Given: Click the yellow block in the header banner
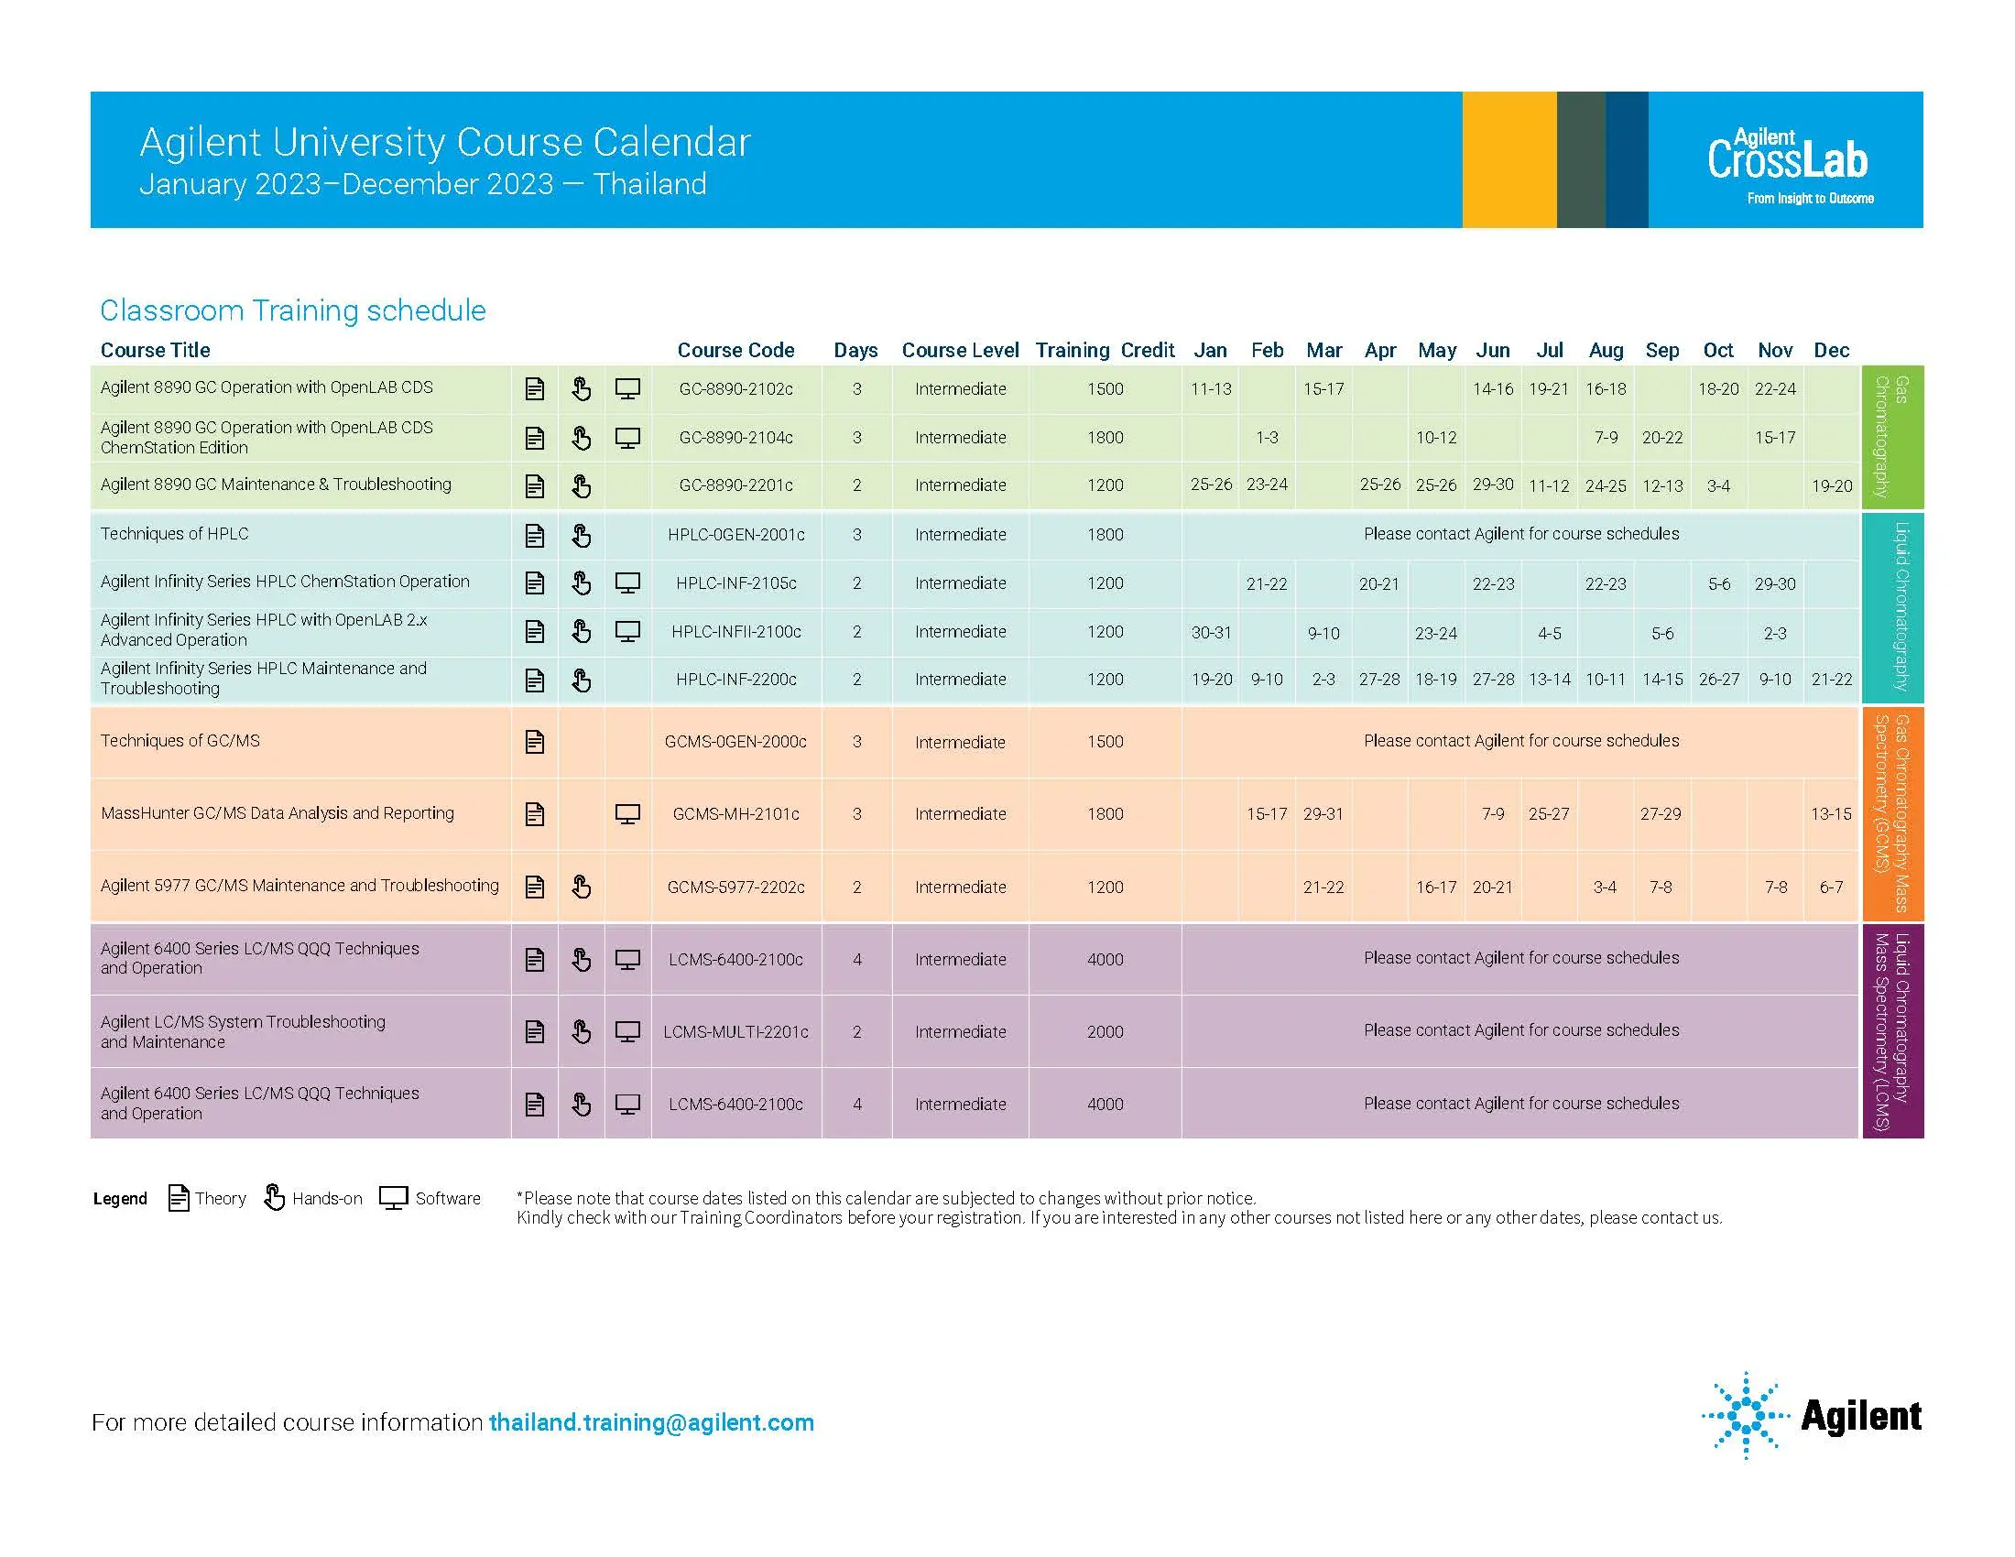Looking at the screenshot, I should (x=1509, y=158).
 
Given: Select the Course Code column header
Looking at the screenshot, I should (x=735, y=351).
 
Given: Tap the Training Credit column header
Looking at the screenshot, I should (x=1105, y=351).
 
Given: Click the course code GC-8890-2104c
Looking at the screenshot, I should (x=735, y=438).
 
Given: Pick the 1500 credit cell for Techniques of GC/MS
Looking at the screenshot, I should (x=1105, y=742).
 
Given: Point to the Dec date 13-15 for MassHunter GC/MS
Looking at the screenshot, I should (x=1831, y=814).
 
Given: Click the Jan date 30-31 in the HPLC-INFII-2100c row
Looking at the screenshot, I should (x=1211, y=633).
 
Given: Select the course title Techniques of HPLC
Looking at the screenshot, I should (x=174, y=534).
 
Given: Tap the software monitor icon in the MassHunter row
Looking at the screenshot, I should (x=627, y=814).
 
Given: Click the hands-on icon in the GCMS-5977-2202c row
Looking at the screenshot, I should (x=582, y=887).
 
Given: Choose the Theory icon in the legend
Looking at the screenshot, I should (x=179, y=1198).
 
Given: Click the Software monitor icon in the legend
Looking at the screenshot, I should (x=394, y=1198).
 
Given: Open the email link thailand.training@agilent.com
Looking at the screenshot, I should (x=651, y=1422).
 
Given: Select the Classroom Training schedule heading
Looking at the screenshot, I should (x=292, y=310).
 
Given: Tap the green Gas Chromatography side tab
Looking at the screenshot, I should (x=1892, y=437).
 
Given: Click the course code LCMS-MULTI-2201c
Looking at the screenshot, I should (x=735, y=1032).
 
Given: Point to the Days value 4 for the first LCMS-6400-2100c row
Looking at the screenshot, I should (x=857, y=960).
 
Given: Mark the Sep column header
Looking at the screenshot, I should (x=1661, y=351).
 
